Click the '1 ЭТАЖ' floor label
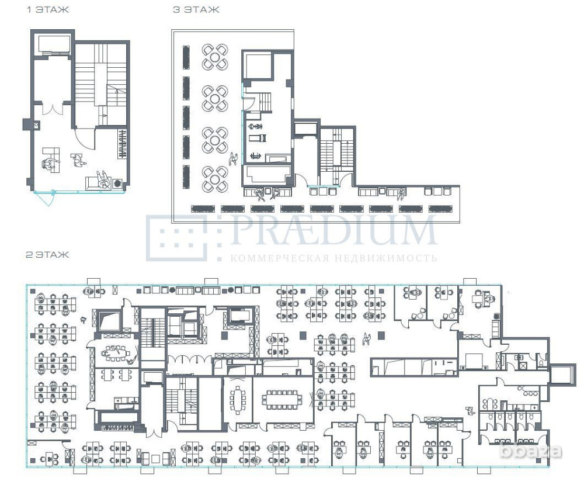[x=47, y=10]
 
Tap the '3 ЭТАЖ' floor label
[x=196, y=10]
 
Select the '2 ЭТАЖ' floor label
[x=47, y=255]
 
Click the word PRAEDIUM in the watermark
[x=333, y=230]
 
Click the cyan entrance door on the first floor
[x=44, y=198]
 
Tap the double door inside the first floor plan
[x=53, y=109]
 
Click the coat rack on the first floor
[x=123, y=143]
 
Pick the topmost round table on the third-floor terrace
[x=215, y=57]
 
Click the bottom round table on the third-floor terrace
[x=215, y=179]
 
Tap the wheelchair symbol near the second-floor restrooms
[x=469, y=410]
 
